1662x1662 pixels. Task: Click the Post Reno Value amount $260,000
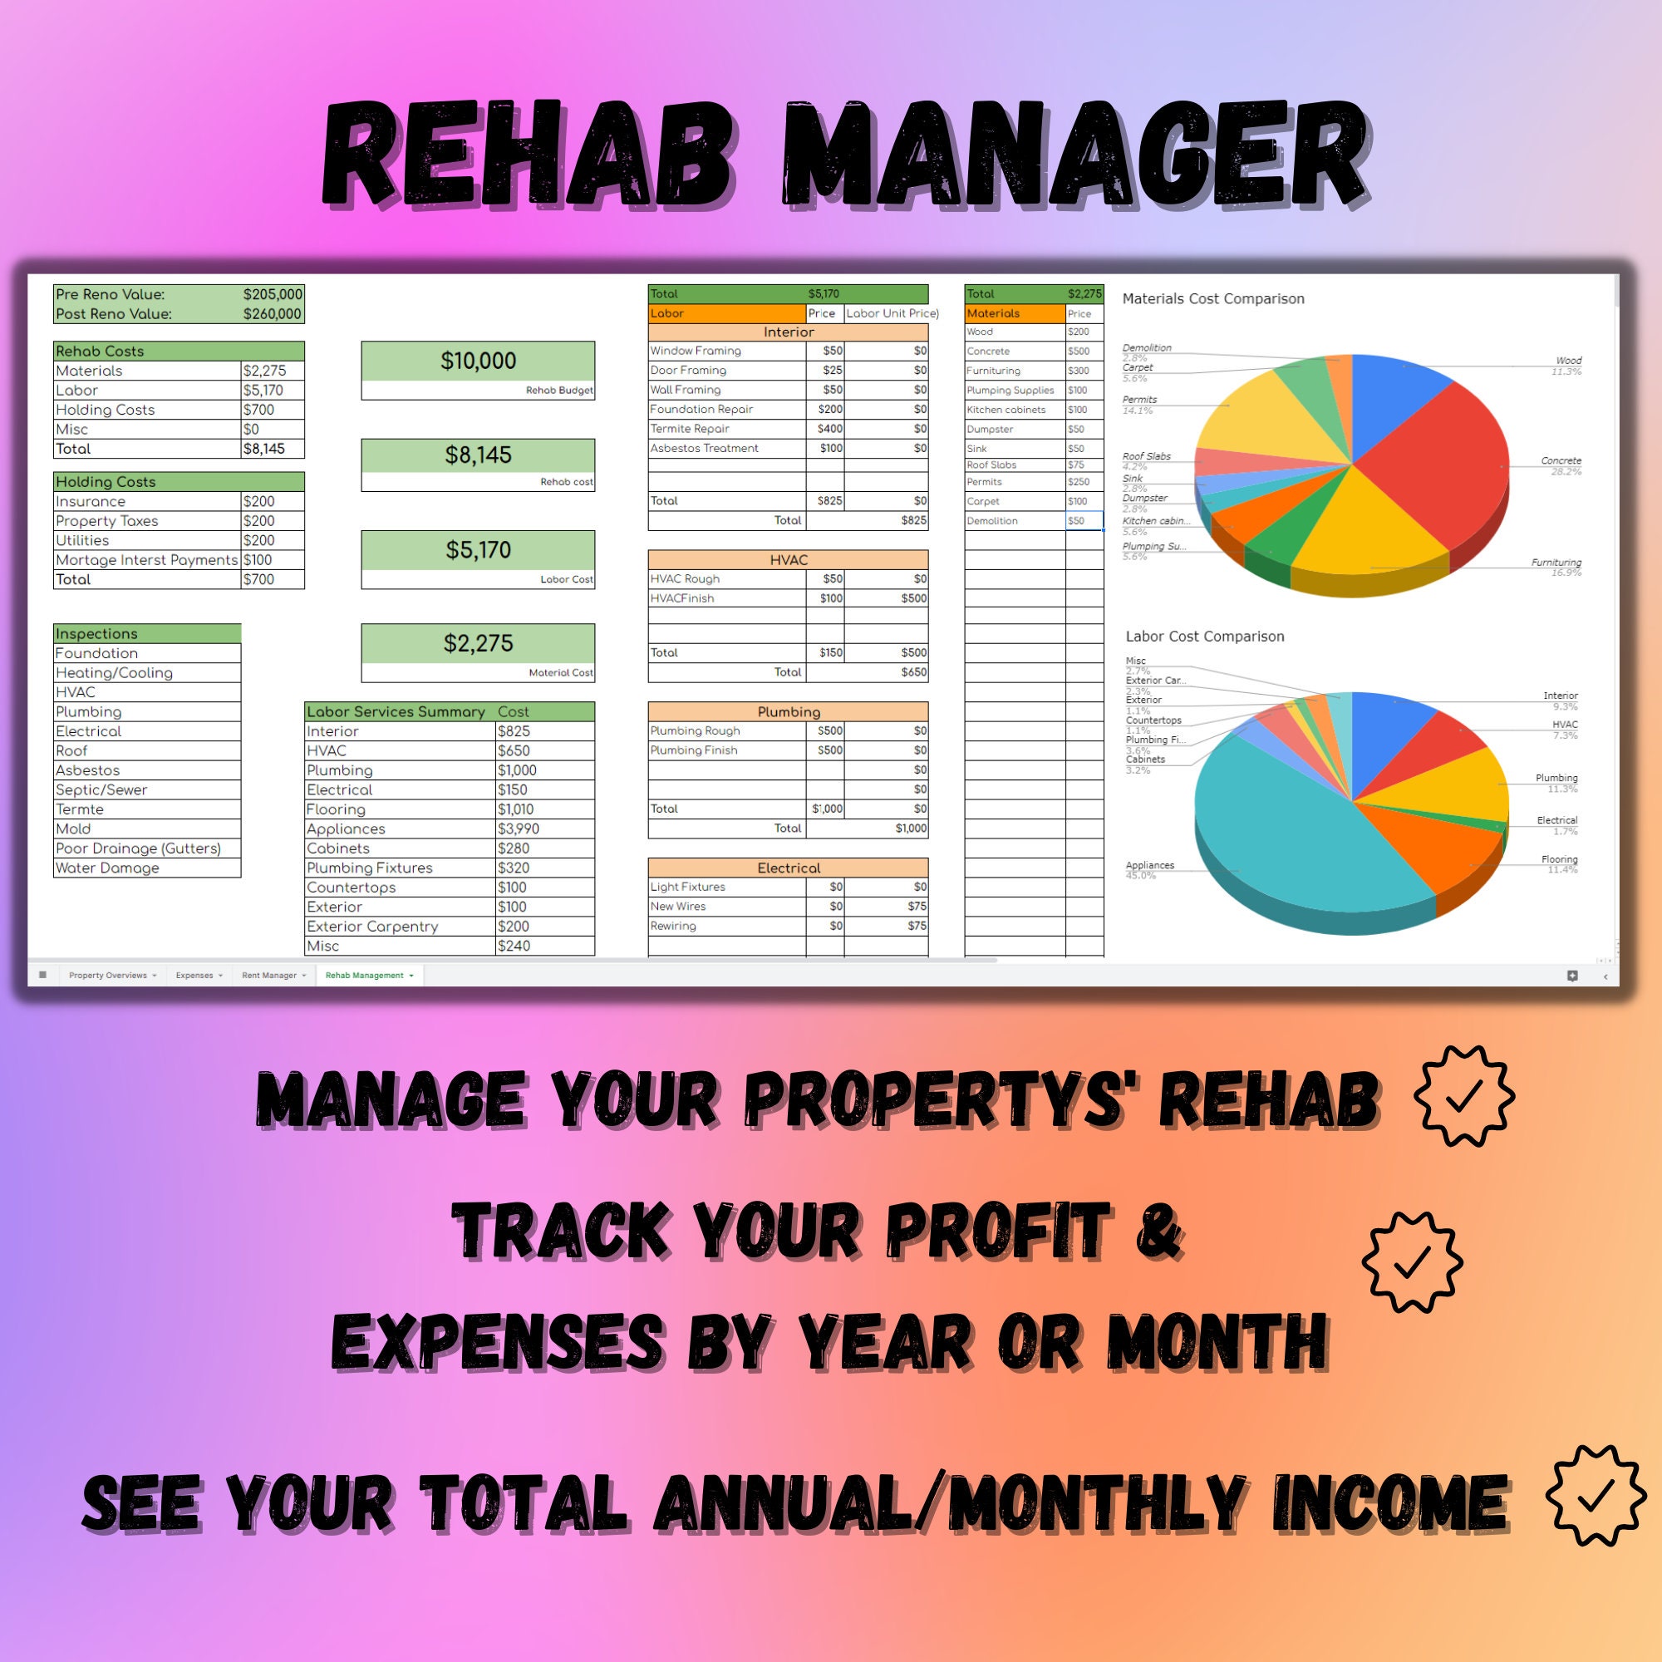tap(272, 314)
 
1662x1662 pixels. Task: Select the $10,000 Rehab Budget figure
tap(479, 361)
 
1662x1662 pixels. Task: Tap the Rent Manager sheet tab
tap(269, 976)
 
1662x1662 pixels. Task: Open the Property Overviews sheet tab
tap(108, 976)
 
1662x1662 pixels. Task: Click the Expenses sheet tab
tap(194, 976)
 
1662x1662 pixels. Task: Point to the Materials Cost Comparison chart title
tap(1213, 299)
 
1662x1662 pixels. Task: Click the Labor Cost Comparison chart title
tap(1204, 637)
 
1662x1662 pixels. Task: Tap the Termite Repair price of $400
tap(830, 430)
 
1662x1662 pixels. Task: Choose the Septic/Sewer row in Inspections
tap(101, 789)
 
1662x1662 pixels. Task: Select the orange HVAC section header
tap(788, 560)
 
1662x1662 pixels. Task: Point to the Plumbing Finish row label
tap(694, 750)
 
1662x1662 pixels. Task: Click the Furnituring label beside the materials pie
tap(1556, 563)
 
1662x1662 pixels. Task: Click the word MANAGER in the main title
tap(1075, 155)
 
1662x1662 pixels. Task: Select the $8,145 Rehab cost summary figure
tap(479, 455)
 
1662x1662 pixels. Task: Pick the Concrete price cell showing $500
tap(1079, 352)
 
